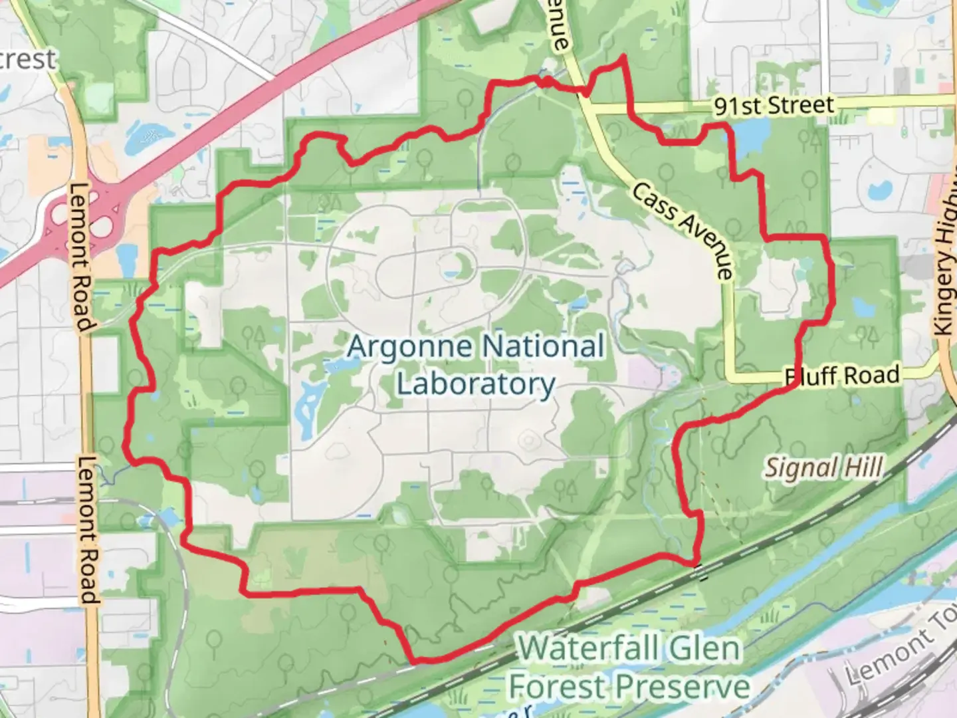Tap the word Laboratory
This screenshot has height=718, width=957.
click(x=476, y=384)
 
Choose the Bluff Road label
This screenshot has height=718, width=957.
click(x=842, y=376)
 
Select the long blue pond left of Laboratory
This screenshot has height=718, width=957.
click(x=308, y=406)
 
